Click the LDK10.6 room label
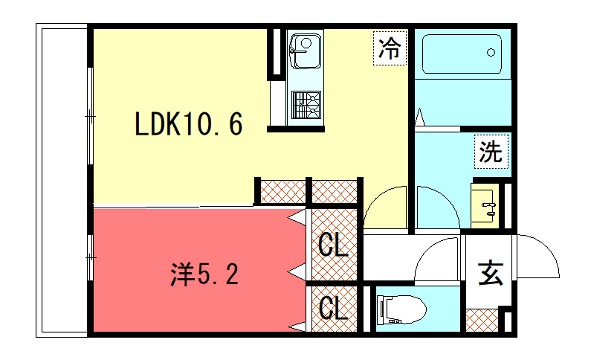click(188, 124)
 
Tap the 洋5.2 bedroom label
click(205, 274)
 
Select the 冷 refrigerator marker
click(390, 48)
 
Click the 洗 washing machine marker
click(491, 151)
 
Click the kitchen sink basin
click(305, 51)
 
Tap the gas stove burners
click(306, 104)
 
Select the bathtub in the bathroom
click(462, 54)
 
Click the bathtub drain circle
click(491, 52)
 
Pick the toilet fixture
click(401, 309)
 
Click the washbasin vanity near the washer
click(484, 205)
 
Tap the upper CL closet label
click(332, 245)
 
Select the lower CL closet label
click(332, 308)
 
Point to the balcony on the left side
click(62, 180)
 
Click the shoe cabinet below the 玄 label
click(482, 320)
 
